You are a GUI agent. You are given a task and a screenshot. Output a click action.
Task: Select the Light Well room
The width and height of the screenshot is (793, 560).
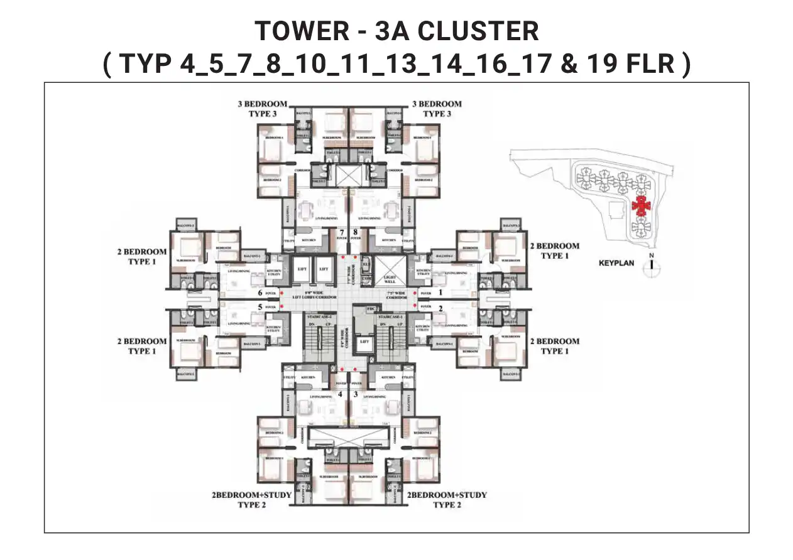tap(389, 280)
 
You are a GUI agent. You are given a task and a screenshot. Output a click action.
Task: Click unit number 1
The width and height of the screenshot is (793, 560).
tap(440, 292)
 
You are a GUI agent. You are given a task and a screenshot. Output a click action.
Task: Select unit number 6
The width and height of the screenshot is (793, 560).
tap(260, 293)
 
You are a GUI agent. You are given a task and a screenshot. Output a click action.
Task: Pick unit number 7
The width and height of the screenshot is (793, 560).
tap(342, 232)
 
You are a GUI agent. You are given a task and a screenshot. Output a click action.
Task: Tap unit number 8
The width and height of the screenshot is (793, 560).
tap(356, 232)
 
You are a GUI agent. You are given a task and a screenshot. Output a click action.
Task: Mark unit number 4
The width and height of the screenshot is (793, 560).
tap(340, 394)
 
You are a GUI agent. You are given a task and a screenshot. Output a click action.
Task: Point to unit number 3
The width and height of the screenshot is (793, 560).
tap(356, 394)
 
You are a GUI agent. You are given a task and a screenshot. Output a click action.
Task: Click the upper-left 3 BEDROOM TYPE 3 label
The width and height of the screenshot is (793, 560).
tap(262, 109)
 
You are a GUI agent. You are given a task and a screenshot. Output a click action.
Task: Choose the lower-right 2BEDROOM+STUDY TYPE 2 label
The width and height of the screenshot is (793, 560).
tap(447, 500)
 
